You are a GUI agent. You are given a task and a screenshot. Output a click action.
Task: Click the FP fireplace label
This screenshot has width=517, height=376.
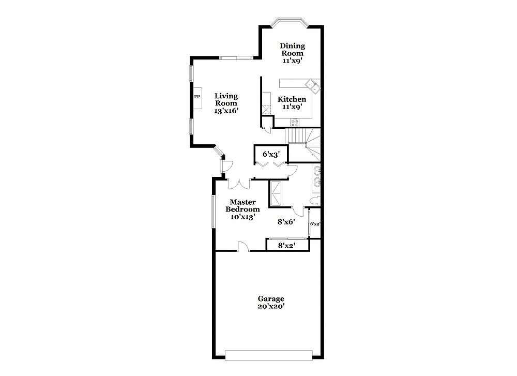point(197,97)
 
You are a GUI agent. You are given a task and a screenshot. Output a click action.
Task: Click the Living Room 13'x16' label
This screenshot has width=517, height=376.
point(226,103)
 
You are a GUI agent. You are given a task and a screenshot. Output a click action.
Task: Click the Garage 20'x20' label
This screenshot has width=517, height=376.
point(271,303)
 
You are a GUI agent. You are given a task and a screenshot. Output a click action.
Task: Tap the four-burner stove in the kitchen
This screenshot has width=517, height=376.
point(295,123)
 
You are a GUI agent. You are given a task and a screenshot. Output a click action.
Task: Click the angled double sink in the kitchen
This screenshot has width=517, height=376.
point(313,86)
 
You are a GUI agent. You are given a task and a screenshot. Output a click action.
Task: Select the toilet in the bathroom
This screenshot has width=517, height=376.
point(315,201)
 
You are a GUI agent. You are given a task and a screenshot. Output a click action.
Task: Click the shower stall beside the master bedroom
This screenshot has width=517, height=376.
point(276,193)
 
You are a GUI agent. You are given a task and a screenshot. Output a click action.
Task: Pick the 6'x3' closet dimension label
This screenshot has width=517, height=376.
point(271,154)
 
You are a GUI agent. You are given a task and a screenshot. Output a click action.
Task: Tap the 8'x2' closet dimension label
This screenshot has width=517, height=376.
point(286,245)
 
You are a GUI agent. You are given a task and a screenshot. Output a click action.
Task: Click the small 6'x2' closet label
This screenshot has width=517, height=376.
point(315,223)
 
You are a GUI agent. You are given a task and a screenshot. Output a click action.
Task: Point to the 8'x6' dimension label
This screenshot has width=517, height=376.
point(286,222)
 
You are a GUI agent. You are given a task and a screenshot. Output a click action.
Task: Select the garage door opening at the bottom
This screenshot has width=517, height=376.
point(268,355)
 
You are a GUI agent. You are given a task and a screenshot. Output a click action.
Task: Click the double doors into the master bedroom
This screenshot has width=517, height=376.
point(239,184)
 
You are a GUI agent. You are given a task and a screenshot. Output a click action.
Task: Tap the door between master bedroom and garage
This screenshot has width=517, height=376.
point(244,246)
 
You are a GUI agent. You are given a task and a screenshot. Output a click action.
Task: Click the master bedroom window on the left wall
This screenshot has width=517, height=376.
point(213,212)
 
